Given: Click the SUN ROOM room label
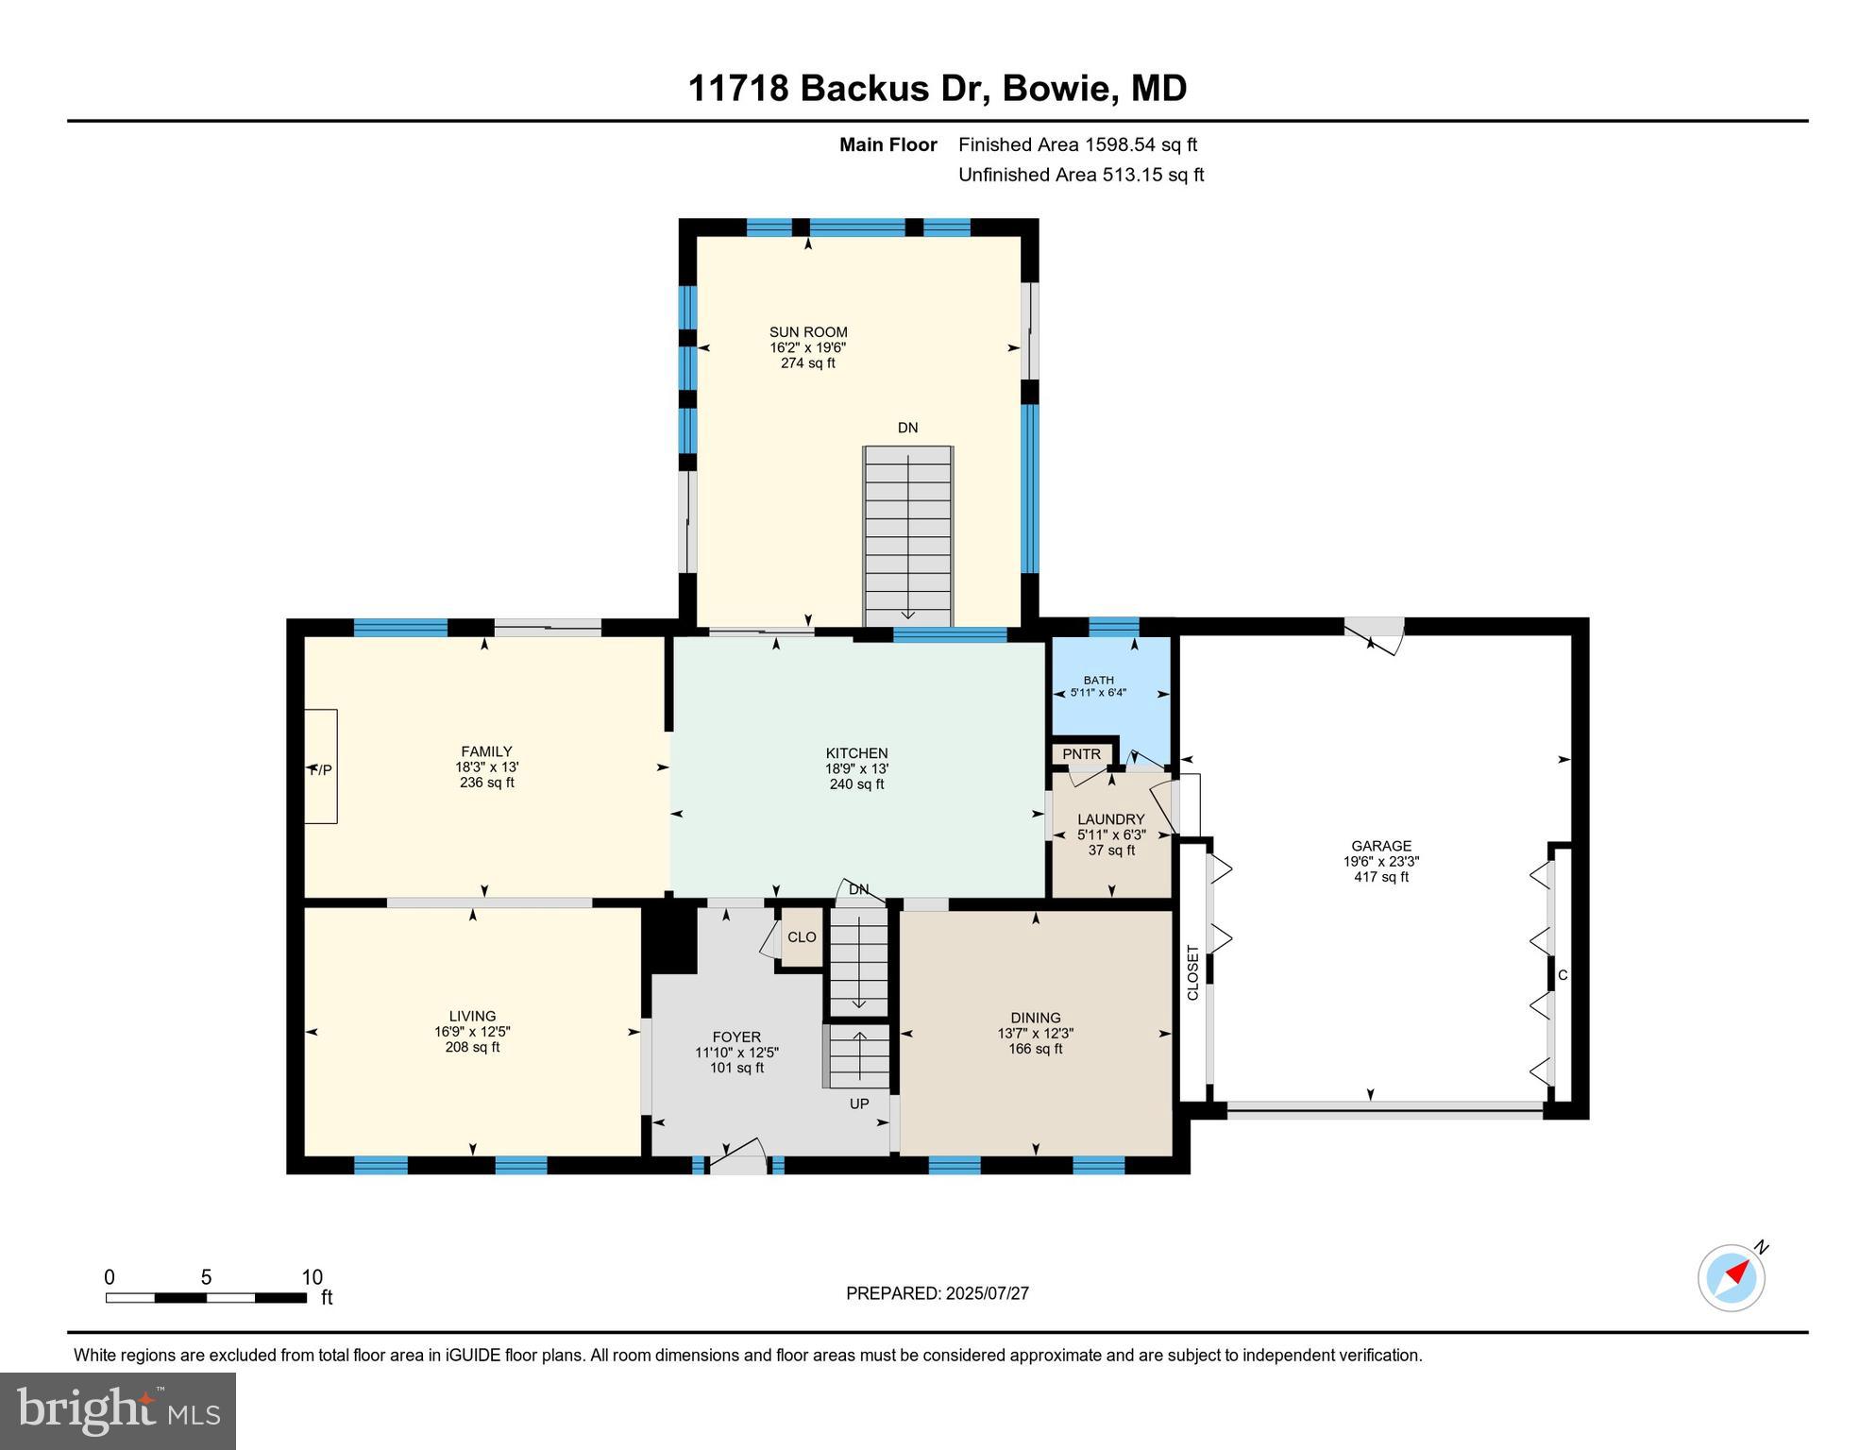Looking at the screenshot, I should click(x=808, y=332).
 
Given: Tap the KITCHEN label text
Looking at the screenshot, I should click(x=856, y=753).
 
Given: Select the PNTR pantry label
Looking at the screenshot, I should click(x=1081, y=754).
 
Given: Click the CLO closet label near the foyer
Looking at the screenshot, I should click(x=802, y=937).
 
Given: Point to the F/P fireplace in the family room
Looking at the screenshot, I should click(x=321, y=769).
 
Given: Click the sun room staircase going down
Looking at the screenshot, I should click(x=907, y=534).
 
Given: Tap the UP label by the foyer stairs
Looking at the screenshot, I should click(x=858, y=1104).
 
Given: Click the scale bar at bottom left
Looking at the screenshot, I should click(x=206, y=1297).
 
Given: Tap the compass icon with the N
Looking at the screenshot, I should click(x=1732, y=1278).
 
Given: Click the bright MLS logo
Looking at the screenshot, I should click(x=118, y=1410).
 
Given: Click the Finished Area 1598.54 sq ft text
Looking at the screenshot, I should click(x=1077, y=144).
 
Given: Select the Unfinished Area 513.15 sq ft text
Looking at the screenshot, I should click(x=1081, y=175).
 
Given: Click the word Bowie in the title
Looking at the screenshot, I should click(x=1056, y=89).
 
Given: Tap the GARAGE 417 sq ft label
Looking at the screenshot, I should click(x=1380, y=861).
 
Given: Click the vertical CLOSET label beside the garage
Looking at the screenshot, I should click(x=1192, y=972).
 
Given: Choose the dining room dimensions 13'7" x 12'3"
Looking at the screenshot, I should click(x=1035, y=1034).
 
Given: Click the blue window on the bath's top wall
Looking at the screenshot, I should click(x=1114, y=626).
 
